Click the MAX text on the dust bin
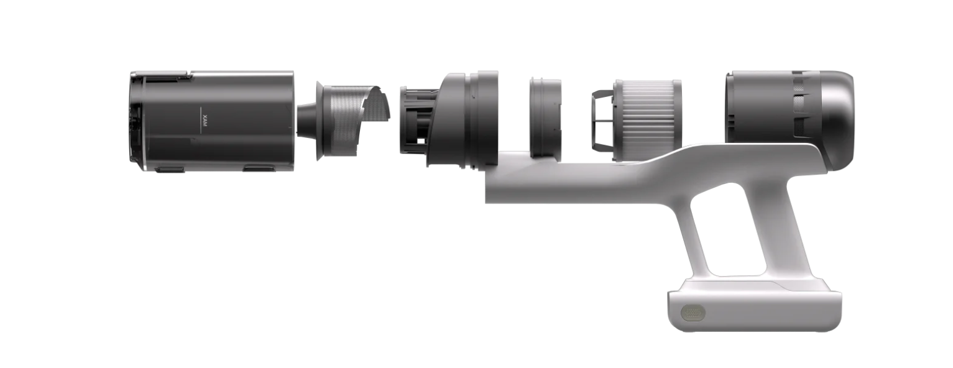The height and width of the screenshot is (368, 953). coord(205,118)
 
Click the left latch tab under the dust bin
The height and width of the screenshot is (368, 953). coord(169,169)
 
